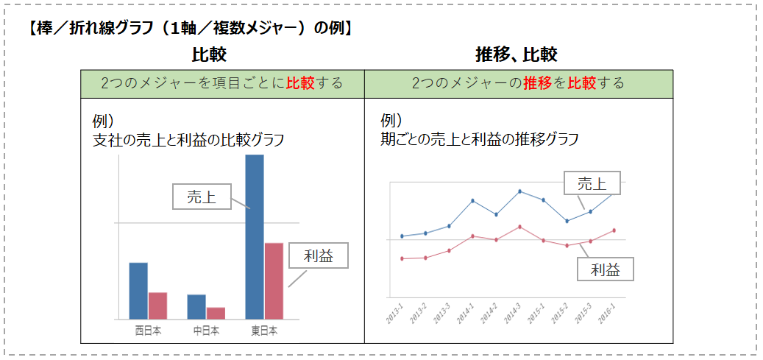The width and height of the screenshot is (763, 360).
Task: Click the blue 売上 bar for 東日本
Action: click(x=254, y=236)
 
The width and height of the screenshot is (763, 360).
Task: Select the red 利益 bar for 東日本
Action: click(x=274, y=280)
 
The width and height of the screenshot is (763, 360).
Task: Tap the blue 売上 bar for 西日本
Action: click(x=138, y=291)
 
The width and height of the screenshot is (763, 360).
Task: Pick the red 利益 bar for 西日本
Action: click(x=157, y=306)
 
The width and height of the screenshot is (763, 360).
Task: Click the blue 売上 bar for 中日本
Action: click(x=196, y=306)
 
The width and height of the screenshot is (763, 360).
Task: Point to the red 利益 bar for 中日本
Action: click(x=216, y=313)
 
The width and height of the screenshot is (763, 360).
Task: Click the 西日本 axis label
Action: click(x=148, y=331)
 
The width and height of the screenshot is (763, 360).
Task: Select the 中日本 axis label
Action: click(x=206, y=331)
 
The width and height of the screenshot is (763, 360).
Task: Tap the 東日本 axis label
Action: click(x=263, y=331)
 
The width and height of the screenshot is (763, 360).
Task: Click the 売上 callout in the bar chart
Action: click(x=201, y=197)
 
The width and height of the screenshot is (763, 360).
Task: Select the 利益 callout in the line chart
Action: click(x=606, y=269)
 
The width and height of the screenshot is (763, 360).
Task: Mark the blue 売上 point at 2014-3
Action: click(x=519, y=191)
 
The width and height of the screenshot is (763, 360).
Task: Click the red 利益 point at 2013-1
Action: click(x=402, y=258)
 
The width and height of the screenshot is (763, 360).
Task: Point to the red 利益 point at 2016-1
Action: click(x=614, y=230)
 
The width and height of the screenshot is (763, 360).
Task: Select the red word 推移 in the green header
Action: click(x=538, y=82)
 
